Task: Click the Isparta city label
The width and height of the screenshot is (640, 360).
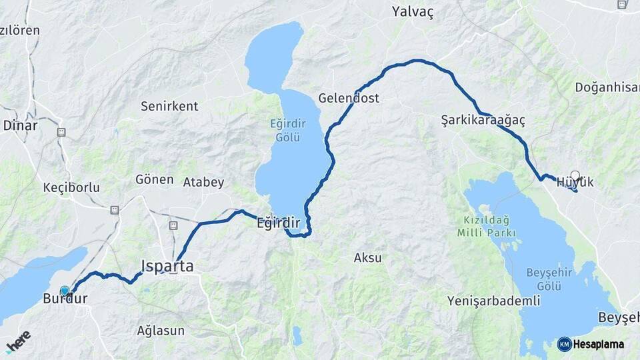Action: click(167, 266)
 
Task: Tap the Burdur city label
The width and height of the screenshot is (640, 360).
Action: click(65, 299)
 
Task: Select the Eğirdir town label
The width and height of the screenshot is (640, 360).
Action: click(279, 223)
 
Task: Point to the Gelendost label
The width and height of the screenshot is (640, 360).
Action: click(349, 98)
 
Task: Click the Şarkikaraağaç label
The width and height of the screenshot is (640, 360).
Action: click(483, 120)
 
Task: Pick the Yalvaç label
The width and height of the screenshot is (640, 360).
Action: click(413, 12)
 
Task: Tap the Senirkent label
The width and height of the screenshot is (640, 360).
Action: click(169, 106)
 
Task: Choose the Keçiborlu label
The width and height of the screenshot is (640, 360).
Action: click(71, 187)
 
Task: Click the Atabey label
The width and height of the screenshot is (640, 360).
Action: click(203, 182)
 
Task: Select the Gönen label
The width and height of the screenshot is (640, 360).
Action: click(155, 179)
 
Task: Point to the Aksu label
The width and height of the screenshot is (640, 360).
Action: click(368, 257)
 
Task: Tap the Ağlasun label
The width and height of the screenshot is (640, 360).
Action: click(161, 330)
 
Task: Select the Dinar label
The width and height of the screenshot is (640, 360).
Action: click(20, 125)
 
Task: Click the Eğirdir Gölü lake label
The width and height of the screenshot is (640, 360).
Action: click(285, 130)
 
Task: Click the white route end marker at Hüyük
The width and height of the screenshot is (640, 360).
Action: click(575, 175)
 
